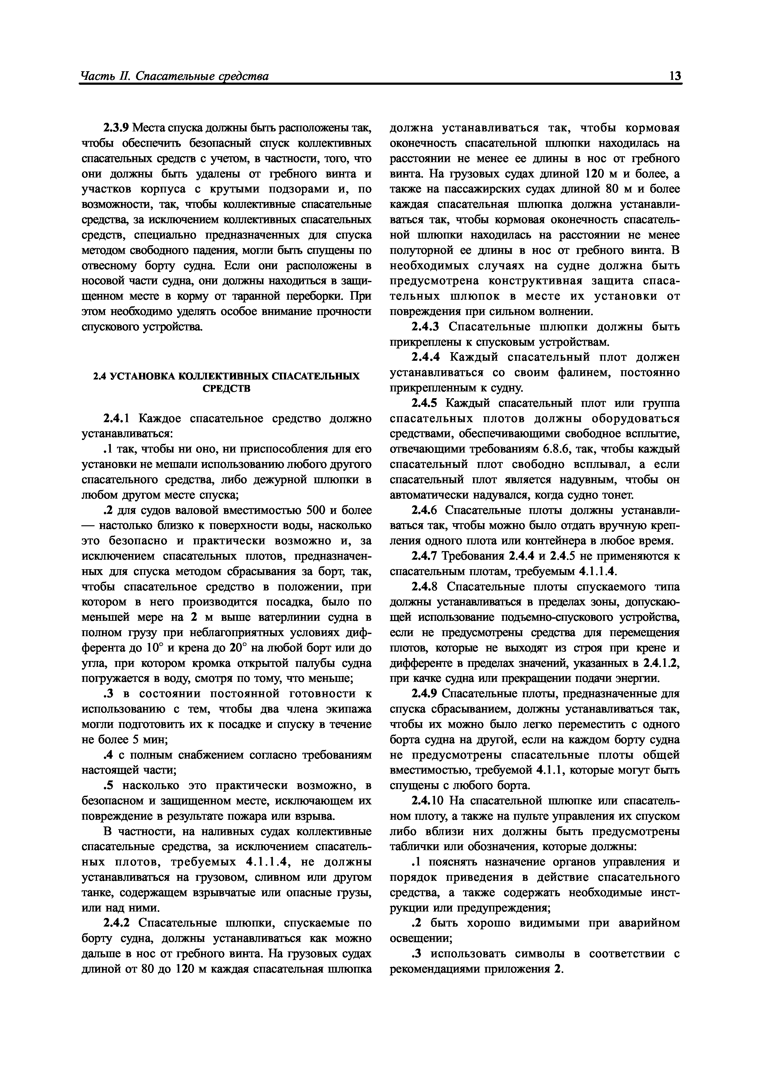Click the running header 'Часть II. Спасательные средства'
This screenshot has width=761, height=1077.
(174, 76)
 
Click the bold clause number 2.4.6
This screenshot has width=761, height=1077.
(424, 510)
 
